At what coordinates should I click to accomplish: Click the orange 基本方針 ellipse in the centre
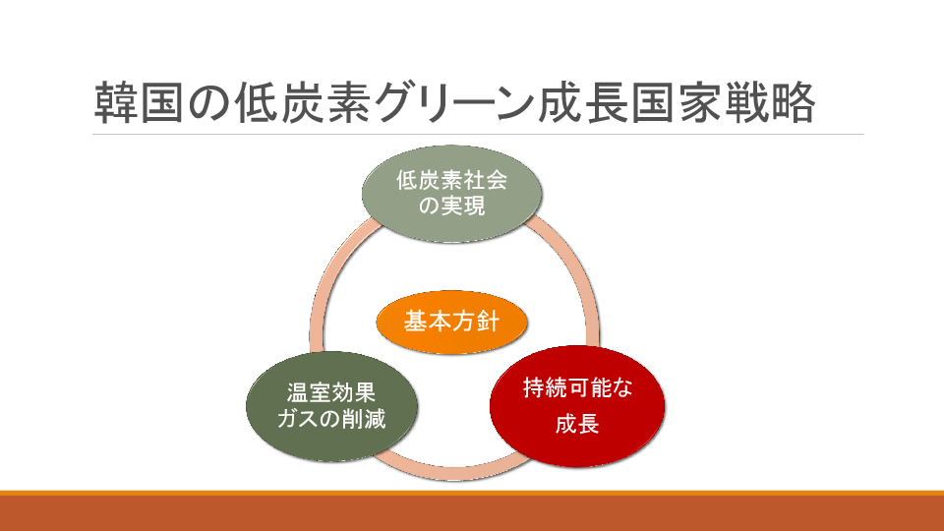click(x=451, y=322)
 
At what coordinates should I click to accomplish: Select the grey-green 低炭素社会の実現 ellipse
click(x=451, y=194)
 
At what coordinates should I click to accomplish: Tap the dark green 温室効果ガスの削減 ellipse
click(x=331, y=406)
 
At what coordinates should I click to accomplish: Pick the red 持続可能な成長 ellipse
click(x=577, y=406)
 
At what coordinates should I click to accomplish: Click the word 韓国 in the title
click(x=139, y=103)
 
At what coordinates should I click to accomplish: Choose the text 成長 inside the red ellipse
click(x=577, y=424)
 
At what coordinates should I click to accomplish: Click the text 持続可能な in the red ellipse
click(x=577, y=387)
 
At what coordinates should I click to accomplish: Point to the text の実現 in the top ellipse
click(x=451, y=206)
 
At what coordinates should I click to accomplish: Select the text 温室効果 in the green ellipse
click(x=331, y=393)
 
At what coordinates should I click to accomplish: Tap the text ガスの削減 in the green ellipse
click(x=331, y=419)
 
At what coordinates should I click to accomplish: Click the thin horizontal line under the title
click(x=478, y=134)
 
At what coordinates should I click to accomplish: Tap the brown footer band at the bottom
click(x=472, y=513)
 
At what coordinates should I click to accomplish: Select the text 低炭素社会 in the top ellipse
click(x=451, y=180)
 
